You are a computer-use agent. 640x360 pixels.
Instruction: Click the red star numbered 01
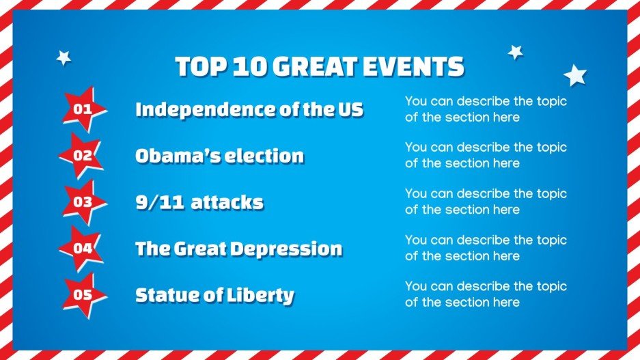(x=83, y=109)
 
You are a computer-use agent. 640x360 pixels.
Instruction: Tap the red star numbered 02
(x=83, y=156)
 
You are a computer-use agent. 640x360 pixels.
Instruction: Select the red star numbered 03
(x=83, y=202)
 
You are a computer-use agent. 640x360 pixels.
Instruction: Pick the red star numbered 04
(x=83, y=249)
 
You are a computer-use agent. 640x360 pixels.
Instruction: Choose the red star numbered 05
(x=83, y=295)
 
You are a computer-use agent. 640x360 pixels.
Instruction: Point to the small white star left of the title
(x=64, y=58)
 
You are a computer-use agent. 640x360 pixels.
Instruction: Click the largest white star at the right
(x=575, y=75)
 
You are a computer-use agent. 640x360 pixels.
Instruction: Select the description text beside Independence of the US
(x=486, y=109)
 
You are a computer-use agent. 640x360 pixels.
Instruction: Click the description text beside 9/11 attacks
(x=486, y=202)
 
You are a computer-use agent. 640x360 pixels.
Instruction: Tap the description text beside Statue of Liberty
(x=486, y=294)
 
